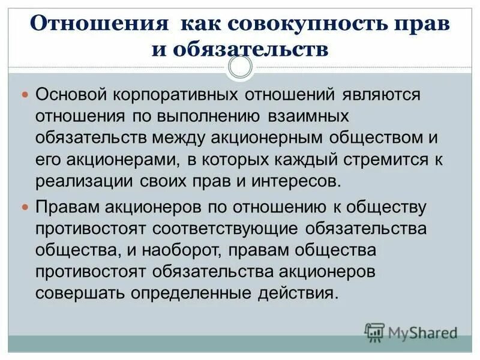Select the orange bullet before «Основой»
coord(25,95)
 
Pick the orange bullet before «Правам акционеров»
coord(25,207)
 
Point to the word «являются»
coord(382,95)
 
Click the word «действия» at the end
coord(298,294)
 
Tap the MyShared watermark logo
coord(412,331)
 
